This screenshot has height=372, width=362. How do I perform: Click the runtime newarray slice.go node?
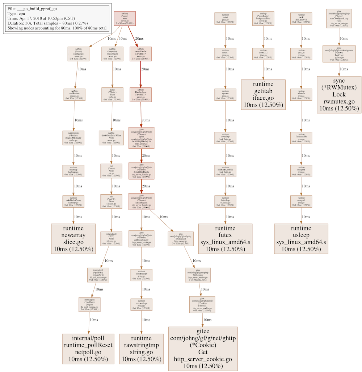73,239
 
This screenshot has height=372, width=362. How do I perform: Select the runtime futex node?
225,239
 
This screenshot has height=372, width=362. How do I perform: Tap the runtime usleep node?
301,239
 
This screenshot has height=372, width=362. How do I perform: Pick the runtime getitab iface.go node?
263,95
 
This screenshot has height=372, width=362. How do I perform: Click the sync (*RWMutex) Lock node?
339,95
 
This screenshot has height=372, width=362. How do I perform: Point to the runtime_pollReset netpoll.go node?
89,349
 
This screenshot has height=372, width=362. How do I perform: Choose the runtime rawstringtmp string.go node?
141,349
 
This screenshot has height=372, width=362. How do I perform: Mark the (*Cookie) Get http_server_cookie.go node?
203,349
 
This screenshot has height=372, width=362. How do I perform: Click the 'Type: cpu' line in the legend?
18,13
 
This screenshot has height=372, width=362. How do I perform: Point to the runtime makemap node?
73,171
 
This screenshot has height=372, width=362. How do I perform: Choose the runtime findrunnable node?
301,138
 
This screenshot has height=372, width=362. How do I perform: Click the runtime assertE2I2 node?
263,53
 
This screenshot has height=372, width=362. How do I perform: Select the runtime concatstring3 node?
141,275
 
